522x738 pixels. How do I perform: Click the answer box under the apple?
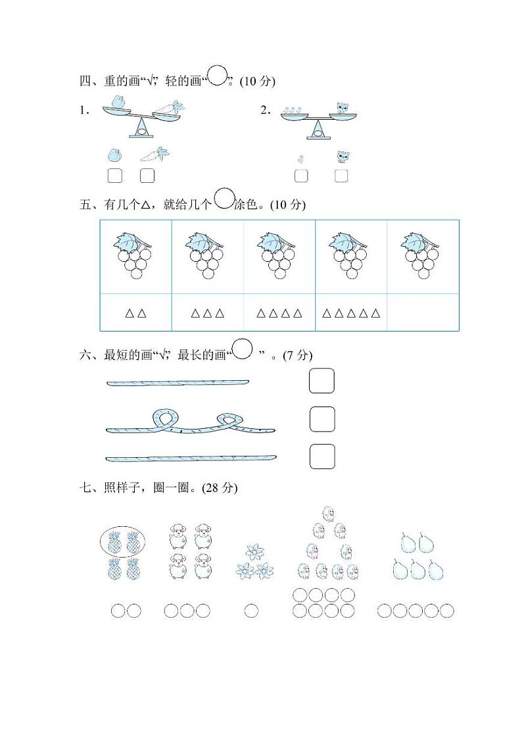pos(114,176)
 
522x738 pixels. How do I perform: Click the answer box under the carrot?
pos(147,176)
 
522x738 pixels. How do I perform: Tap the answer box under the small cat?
pos(341,176)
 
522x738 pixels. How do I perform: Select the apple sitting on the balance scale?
pos(118,103)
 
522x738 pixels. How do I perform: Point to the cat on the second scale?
pos(343,108)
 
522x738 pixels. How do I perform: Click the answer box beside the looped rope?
pos(321,419)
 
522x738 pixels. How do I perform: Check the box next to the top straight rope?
pos(321,381)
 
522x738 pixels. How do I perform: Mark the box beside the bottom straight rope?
pos(321,456)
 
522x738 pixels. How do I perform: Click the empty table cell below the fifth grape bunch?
pos(423,313)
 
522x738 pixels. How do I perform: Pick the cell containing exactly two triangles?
pos(136,313)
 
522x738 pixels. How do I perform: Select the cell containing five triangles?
pos(351,313)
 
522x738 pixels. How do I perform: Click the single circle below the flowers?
pos(251,611)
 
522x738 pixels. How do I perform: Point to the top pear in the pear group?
pos(408,543)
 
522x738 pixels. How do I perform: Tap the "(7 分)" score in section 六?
pos(297,355)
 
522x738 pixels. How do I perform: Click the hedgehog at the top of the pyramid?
pos(327,513)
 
